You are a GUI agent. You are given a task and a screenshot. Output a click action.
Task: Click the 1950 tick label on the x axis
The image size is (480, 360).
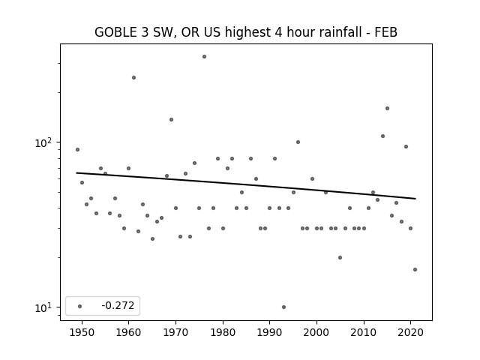pyautogui.click(x=82, y=332)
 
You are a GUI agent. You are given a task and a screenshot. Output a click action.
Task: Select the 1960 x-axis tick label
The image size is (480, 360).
pyautogui.click(x=128, y=332)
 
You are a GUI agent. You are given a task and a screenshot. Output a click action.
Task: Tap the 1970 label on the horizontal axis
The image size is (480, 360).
pyautogui.click(x=175, y=332)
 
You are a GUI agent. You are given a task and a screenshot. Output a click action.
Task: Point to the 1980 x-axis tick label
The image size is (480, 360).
pyautogui.click(x=223, y=332)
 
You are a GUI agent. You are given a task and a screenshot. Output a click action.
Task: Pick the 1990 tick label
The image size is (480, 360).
pyautogui.click(x=270, y=332)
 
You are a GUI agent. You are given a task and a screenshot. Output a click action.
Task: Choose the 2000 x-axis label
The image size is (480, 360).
pyautogui.click(x=316, y=332)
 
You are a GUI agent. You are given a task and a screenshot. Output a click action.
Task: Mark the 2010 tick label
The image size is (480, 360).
pyautogui.click(x=364, y=332)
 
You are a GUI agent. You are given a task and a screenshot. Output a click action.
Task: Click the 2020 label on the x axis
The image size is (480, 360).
pyautogui.click(x=411, y=332)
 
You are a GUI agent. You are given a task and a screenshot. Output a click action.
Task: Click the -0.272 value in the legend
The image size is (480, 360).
pyautogui.click(x=118, y=305)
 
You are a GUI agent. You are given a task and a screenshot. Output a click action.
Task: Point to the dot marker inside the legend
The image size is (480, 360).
pyautogui.click(x=80, y=306)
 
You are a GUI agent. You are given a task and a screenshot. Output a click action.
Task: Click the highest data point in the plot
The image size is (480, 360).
pyautogui.click(x=204, y=57)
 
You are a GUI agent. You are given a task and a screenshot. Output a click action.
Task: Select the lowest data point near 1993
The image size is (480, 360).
pyautogui.click(x=283, y=307)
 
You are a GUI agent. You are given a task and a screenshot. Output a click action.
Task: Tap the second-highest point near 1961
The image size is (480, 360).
pyautogui.click(x=133, y=78)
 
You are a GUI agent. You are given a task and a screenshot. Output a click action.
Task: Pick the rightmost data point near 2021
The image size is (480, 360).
pyautogui.click(x=415, y=270)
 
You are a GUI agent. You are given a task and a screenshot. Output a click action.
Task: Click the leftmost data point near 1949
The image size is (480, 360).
pyautogui.click(x=77, y=150)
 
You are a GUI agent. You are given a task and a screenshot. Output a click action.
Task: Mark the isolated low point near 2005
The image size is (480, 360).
pyautogui.click(x=340, y=258)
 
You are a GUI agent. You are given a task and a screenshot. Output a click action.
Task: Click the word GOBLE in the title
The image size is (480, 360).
pyautogui.click(x=115, y=32)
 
